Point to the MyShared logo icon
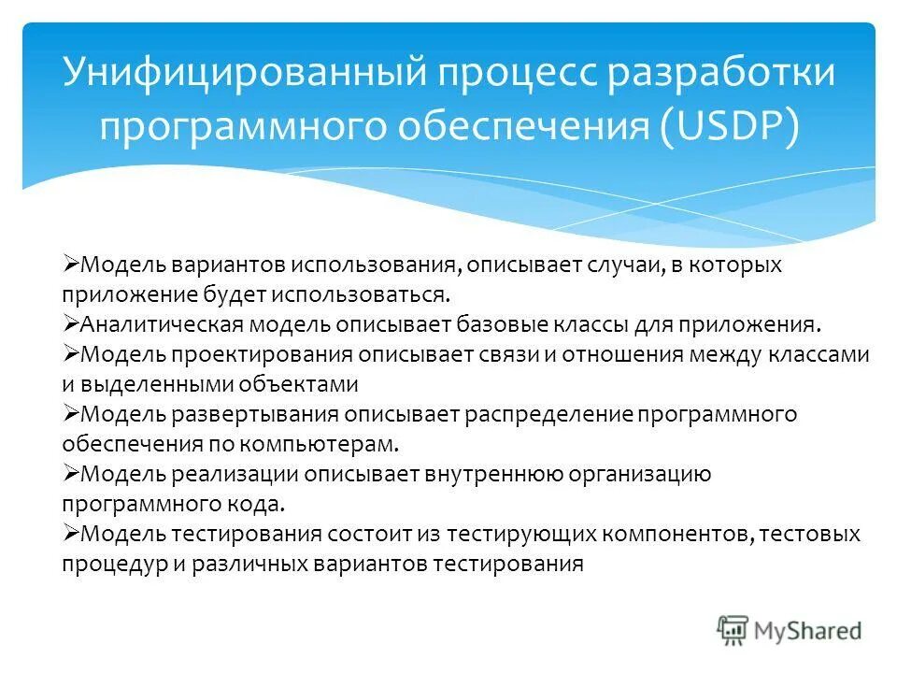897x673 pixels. coord(733,631)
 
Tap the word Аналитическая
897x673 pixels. coord(163,324)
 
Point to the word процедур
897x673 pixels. coord(102,564)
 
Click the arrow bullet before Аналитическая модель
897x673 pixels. coord(71,323)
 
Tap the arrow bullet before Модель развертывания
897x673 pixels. coord(71,413)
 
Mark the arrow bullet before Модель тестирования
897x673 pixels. coord(71,533)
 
